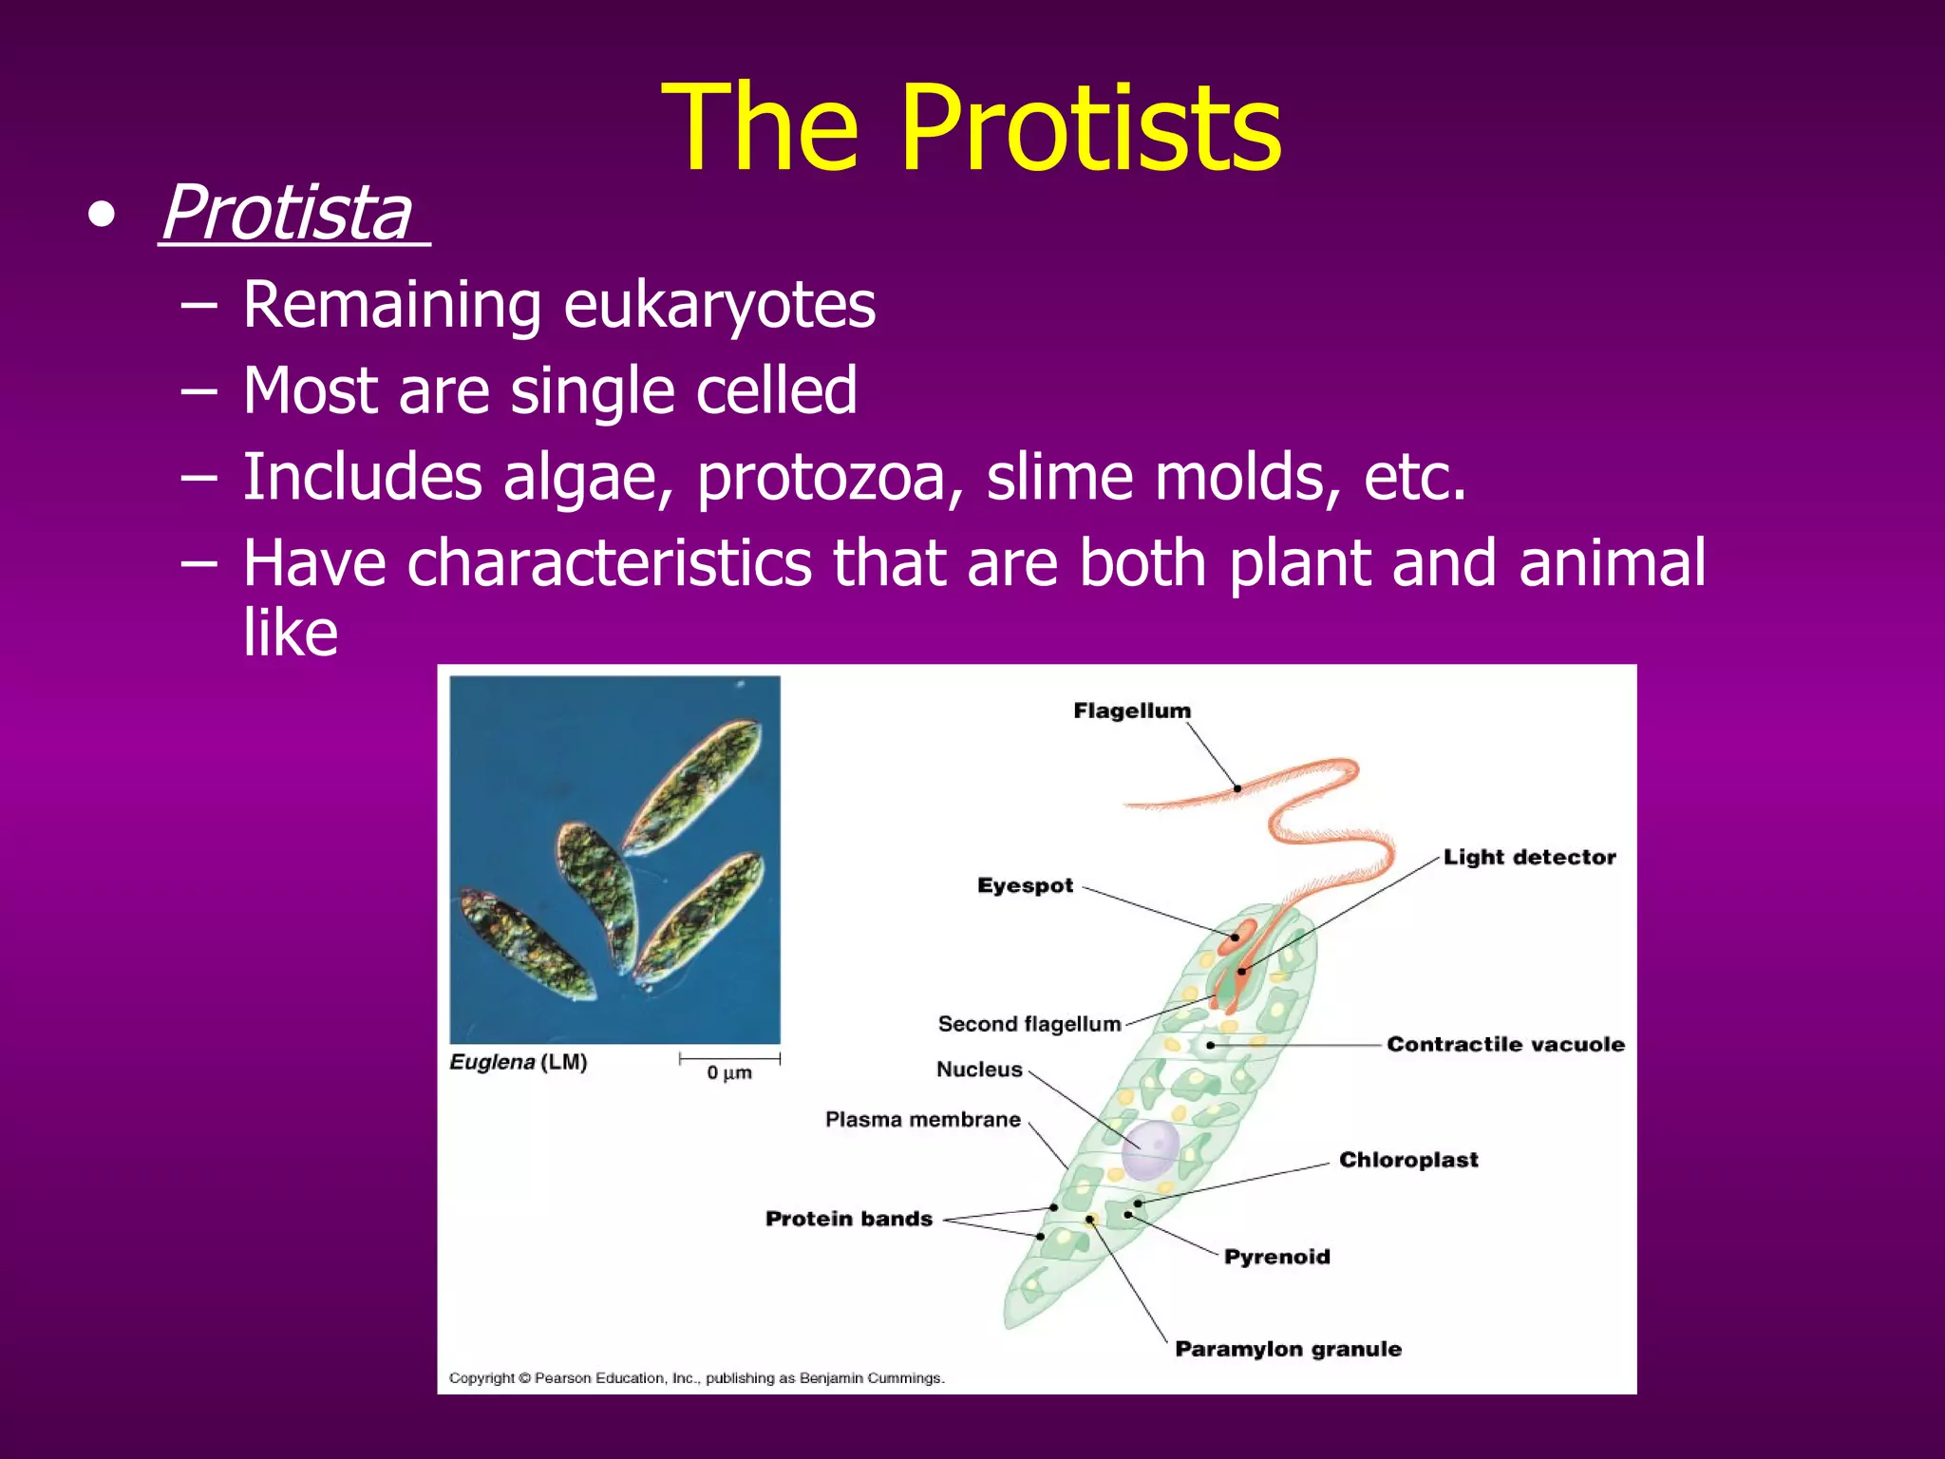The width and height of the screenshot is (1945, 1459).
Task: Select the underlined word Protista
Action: [287, 213]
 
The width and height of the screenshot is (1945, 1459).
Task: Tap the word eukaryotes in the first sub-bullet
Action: [719, 305]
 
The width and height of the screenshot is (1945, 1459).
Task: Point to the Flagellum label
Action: [1131, 711]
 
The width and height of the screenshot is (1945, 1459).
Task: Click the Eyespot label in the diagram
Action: [1025, 885]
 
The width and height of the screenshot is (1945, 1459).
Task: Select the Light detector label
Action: [1529, 857]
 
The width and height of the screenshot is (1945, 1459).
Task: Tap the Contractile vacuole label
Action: [1505, 1044]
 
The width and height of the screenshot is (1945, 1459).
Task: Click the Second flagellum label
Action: [1029, 1024]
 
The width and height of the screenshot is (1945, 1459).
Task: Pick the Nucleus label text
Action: [979, 1070]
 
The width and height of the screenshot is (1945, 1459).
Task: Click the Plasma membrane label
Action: [922, 1120]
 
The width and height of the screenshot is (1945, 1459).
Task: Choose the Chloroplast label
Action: [1408, 1160]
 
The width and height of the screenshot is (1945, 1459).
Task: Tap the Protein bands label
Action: [848, 1219]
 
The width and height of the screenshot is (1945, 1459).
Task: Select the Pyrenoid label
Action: [1276, 1257]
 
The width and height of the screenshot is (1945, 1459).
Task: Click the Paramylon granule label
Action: [1288, 1349]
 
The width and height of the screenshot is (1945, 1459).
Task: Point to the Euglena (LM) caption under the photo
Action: [518, 1062]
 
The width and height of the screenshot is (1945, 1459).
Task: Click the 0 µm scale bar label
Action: [728, 1073]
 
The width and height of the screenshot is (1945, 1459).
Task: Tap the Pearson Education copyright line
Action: [696, 1378]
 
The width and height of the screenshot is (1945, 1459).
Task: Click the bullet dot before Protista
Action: [101, 217]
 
